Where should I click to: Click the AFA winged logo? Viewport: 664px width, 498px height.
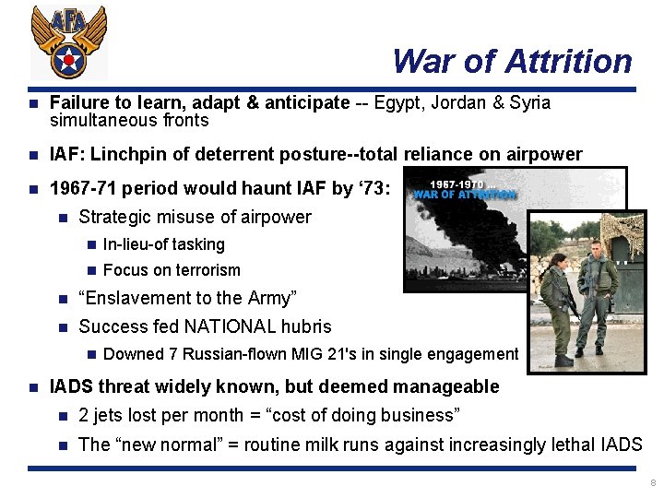pyautogui.click(x=69, y=42)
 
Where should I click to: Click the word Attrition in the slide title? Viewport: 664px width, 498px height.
pyautogui.click(x=569, y=62)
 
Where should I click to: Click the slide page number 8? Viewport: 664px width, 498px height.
pyautogui.click(x=652, y=483)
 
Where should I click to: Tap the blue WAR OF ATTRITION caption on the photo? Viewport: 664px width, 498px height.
pyautogui.click(x=465, y=195)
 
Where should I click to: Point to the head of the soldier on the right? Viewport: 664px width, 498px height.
pyautogui.click(x=595, y=250)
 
